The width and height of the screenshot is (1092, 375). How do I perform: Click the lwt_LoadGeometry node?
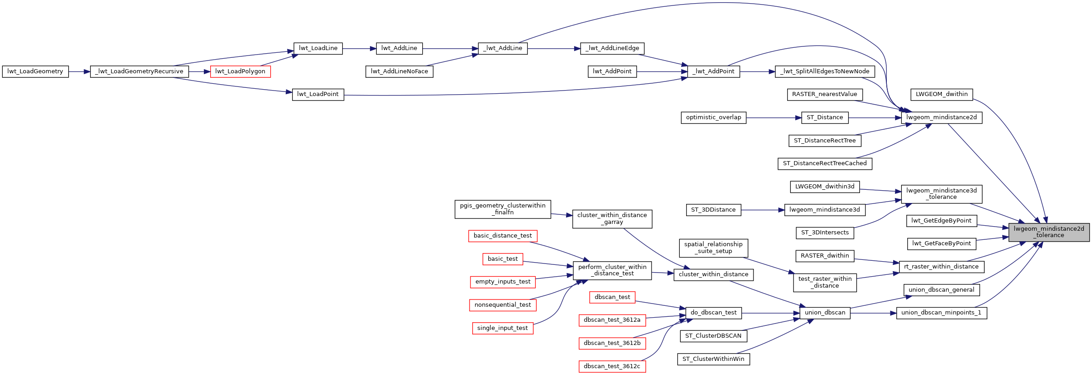(x=35, y=71)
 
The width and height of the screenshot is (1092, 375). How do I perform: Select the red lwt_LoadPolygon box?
(x=240, y=71)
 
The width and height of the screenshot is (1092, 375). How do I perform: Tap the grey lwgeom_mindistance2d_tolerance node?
(x=1049, y=232)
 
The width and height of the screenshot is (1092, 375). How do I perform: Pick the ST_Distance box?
(x=824, y=117)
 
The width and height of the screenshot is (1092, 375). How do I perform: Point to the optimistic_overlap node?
(x=713, y=117)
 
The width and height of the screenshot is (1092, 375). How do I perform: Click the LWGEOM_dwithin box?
(x=941, y=94)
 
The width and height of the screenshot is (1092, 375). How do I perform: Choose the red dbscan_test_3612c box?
(x=612, y=366)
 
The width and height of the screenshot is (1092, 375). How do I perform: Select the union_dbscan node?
(x=824, y=313)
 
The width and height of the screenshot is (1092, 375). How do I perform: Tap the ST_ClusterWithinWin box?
(x=713, y=359)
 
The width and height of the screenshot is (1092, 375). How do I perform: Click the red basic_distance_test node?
(x=502, y=236)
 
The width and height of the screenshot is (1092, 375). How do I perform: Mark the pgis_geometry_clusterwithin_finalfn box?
(x=502, y=209)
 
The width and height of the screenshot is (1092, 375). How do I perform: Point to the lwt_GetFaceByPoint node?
(x=941, y=243)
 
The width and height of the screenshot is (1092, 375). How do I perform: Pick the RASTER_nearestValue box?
(x=824, y=94)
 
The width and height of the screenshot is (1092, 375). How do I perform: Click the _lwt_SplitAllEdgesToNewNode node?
(x=824, y=71)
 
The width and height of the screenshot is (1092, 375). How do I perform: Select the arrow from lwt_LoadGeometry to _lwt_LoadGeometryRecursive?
(x=80, y=71)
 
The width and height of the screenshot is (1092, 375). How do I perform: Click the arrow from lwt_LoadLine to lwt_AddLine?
(x=359, y=48)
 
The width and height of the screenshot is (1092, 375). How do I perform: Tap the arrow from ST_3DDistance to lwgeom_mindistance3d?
(x=763, y=210)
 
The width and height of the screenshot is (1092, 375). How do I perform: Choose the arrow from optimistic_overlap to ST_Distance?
(x=773, y=117)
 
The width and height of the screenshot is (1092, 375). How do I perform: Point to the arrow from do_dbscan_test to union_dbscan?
(x=771, y=313)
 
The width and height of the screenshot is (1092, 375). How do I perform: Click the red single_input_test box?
(x=502, y=328)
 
